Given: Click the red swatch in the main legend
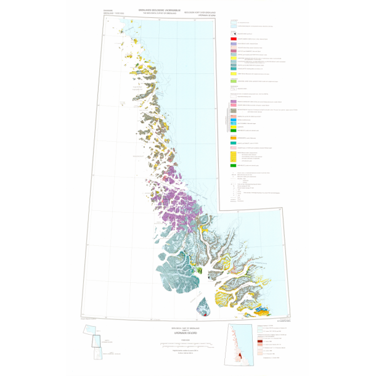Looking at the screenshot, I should pos(234,38).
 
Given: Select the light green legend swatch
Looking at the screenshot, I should pos(234,81).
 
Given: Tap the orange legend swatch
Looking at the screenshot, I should pos(234,136).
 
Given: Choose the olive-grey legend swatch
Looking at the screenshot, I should pos(234,110).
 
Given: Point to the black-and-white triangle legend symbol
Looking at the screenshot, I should pos(234,31).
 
